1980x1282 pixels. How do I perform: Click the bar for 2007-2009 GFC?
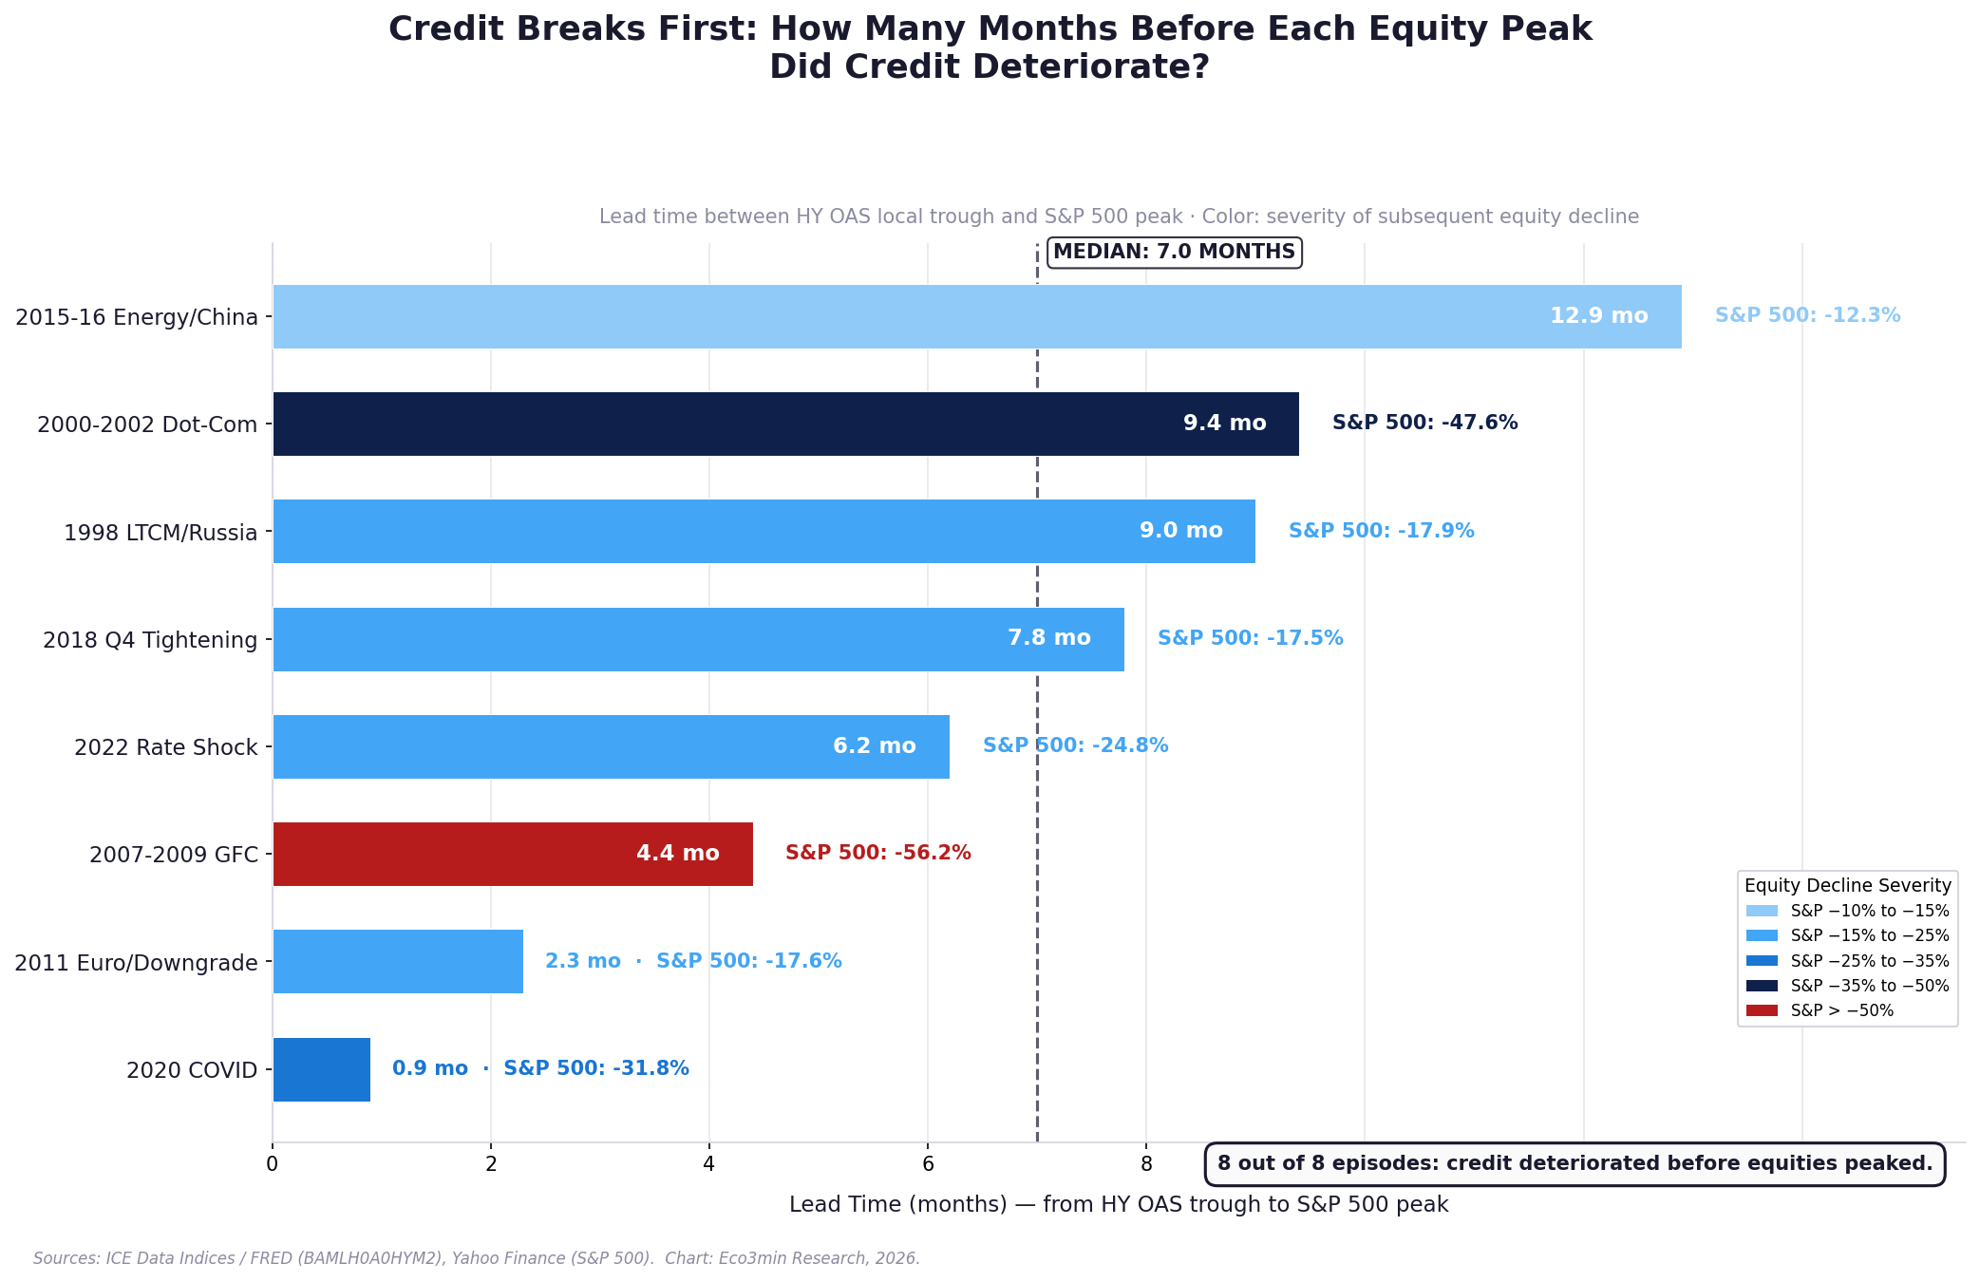point(513,854)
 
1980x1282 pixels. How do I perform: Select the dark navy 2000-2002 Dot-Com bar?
point(785,424)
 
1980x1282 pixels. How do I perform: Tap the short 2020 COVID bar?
point(321,1069)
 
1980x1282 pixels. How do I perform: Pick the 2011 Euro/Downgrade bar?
point(398,961)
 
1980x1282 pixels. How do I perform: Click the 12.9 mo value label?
point(1598,316)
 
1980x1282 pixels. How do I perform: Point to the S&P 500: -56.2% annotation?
point(877,853)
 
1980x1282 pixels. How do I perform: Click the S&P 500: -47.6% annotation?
point(1424,423)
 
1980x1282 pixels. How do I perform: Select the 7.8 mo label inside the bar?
point(1048,638)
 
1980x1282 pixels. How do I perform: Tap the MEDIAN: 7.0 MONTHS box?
point(1174,252)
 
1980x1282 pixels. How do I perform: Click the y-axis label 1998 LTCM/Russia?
point(160,533)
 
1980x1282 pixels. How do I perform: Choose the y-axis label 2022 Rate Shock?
point(166,747)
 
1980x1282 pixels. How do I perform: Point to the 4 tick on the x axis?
point(708,1164)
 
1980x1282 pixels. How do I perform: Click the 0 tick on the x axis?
point(273,1164)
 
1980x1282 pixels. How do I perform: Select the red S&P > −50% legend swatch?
point(1762,1010)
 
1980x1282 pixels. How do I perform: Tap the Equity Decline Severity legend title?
point(1847,885)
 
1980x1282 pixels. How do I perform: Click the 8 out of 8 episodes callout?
point(1575,1163)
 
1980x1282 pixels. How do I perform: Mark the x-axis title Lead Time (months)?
point(1119,1204)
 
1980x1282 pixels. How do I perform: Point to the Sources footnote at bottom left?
point(476,1258)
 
